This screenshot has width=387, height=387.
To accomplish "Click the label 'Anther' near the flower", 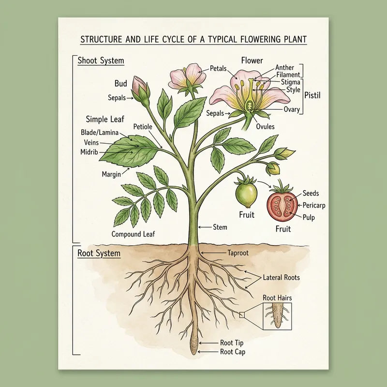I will [284, 67].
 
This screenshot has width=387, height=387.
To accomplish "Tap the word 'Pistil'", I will [313, 96].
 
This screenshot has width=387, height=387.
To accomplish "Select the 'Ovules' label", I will [265, 127].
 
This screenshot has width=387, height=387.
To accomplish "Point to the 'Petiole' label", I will [143, 127].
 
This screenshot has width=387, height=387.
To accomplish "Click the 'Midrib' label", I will [89, 152].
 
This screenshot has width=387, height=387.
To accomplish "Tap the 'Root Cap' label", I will [232, 352].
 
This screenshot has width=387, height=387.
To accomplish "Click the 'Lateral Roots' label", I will [281, 278].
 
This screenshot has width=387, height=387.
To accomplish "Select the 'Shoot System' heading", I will [101, 61].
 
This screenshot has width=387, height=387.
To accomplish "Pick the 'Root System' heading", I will [99, 253].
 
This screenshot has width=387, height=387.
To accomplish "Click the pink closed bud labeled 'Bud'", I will [140, 88].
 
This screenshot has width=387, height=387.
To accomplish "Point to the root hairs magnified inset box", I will [277, 317].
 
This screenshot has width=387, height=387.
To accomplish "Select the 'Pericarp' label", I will [313, 206].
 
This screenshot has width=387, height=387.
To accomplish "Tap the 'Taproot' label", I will [238, 253].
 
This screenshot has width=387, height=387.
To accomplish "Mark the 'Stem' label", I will [220, 226].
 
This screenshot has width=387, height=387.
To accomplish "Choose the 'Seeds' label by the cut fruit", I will [310, 193].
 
